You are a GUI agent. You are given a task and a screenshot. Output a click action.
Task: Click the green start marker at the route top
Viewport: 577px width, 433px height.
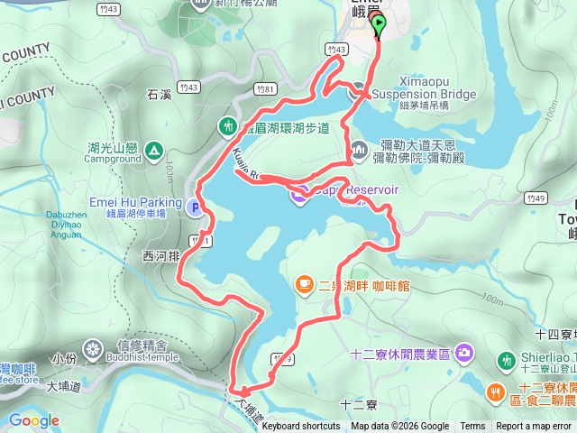378,23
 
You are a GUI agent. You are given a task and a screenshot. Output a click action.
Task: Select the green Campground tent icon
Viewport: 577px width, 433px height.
154,151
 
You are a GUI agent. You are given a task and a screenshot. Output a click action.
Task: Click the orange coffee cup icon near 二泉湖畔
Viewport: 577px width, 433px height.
305,285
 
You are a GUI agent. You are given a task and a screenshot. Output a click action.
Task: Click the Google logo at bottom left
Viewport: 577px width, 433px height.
34,420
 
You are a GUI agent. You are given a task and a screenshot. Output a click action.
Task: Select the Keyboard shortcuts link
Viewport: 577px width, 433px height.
301,427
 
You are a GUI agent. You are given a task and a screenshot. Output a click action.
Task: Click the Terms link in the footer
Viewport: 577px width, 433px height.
472,427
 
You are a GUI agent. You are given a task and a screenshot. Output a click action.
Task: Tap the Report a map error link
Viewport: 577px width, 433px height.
535,427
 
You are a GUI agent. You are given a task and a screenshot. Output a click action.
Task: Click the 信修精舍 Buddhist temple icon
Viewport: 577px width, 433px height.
93,346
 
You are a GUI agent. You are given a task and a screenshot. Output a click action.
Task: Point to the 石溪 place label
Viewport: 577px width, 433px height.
158,92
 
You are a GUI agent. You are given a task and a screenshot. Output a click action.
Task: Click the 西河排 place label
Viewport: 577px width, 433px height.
161,255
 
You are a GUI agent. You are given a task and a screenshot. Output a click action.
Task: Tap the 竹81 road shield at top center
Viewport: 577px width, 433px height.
265,88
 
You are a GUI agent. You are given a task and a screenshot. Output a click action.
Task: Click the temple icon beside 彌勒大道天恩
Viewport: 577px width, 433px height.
357,148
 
